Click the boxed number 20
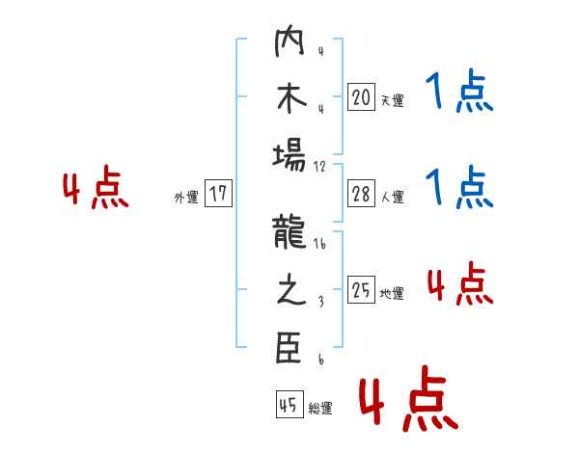coord(361,97)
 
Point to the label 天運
coord(392,100)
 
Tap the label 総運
coord(320,408)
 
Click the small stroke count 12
coord(320,166)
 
